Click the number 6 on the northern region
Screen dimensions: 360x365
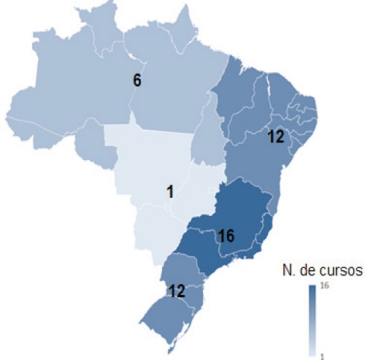(137, 80)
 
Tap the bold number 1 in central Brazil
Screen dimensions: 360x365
(169, 192)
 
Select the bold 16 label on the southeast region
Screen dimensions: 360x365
(226, 236)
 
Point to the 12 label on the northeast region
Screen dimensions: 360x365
(275, 137)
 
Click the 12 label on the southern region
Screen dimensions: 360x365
(175, 290)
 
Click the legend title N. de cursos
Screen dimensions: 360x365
(321, 271)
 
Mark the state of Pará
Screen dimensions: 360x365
(175, 95)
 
